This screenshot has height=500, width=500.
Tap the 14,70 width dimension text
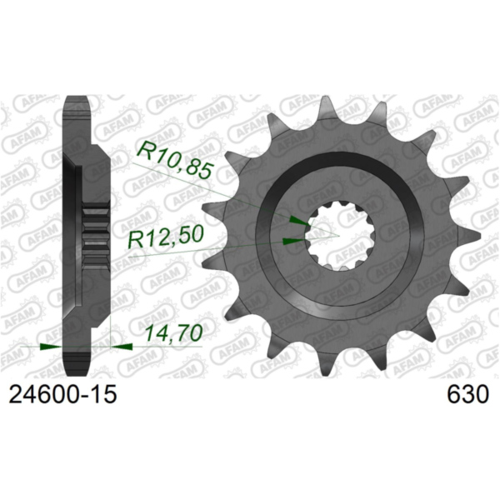tap(169, 334)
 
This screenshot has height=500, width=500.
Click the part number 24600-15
tap(62, 394)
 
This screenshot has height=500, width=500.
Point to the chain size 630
tap(466, 394)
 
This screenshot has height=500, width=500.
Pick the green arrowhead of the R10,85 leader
tap(297, 221)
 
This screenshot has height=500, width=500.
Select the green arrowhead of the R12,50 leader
tap(292, 241)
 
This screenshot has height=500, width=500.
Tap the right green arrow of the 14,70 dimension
tap(121, 343)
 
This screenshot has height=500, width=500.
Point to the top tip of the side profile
tap(77, 99)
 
